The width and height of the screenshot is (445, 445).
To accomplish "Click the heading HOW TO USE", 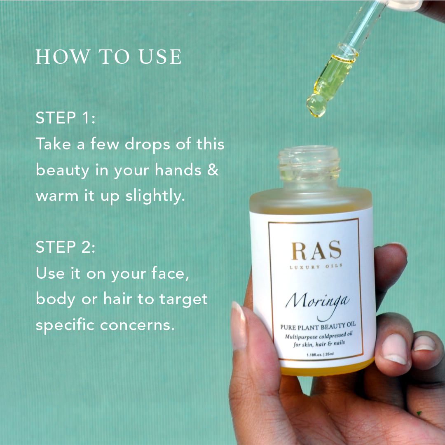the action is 108,56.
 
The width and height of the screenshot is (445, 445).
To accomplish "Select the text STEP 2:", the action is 66,247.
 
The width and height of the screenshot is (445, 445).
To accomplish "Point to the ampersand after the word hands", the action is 213,170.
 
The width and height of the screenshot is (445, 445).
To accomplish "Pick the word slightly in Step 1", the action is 155,196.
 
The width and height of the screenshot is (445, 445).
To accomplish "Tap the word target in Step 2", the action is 183,300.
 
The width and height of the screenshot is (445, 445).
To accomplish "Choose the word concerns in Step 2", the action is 137,325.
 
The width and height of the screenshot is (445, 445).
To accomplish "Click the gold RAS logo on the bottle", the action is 316,250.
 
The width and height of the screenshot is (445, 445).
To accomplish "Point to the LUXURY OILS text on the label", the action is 316,266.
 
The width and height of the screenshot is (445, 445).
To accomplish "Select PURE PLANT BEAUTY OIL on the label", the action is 318,326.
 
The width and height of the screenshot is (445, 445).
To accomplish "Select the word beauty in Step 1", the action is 63,170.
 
